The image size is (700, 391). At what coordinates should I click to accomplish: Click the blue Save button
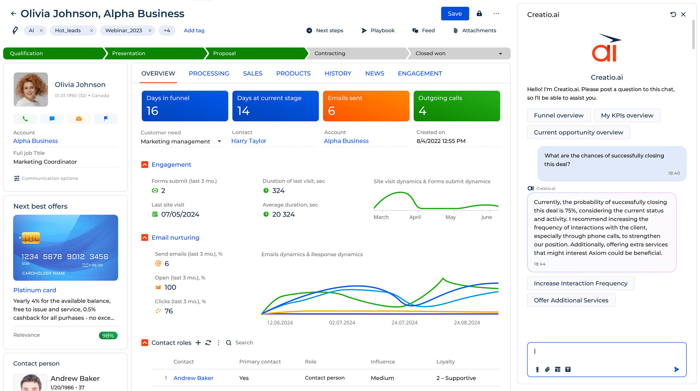455,14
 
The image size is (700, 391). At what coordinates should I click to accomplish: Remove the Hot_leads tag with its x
91,30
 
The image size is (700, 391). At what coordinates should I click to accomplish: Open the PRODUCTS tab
293,73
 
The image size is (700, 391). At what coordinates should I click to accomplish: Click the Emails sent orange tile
366,106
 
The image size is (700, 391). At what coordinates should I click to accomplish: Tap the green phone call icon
25,119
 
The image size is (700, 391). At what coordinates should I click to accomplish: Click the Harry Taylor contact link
249,141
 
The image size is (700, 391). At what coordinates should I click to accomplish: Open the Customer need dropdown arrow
219,141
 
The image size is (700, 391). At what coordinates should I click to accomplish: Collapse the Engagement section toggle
145,164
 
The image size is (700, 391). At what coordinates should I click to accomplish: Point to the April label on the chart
415,217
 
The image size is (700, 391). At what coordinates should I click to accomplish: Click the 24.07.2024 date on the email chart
404,323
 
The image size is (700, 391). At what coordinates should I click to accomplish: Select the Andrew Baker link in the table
193,378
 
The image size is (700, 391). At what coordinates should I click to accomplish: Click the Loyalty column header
445,362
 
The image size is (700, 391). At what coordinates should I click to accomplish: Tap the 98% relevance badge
108,336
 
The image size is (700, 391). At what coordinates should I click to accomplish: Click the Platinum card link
35,290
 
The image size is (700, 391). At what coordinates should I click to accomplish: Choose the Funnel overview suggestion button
559,115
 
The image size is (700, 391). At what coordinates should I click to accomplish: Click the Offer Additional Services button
571,300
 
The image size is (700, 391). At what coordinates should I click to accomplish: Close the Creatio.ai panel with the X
683,15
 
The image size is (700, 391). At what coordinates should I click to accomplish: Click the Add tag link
194,30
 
